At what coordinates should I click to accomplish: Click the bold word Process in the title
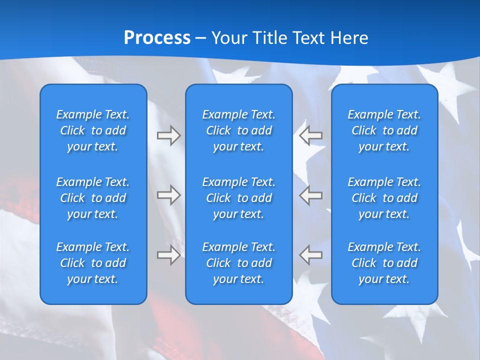(x=157, y=37)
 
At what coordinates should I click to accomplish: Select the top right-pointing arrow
(x=169, y=135)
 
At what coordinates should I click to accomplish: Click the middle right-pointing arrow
(x=169, y=194)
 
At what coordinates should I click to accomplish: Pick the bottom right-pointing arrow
(x=169, y=255)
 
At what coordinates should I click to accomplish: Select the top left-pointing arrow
(x=310, y=135)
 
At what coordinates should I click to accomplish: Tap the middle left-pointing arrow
(x=310, y=194)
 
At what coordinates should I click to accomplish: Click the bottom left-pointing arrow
(x=310, y=255)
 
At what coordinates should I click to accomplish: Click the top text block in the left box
(x=93, y=130)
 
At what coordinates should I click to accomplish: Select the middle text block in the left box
(x=93, y=198)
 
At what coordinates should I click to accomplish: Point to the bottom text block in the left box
(x=93, y=263)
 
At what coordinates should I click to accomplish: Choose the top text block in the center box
(x=239, y=130)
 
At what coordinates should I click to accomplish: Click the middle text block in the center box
(x=239, y=198)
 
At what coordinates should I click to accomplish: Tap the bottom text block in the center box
(x=239, y=263)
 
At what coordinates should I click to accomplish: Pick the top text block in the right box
(x=384, y=130)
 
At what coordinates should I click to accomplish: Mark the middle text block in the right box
(x=384, y=198)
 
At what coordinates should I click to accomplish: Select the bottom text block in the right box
(x=384, y=263)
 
